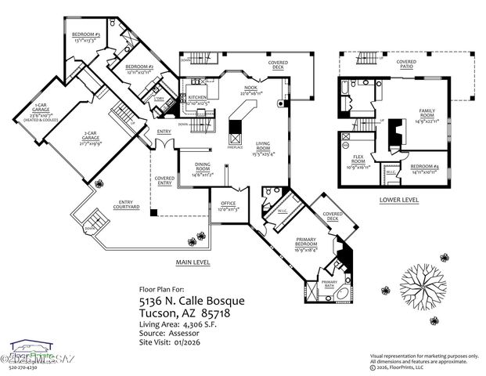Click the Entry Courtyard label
pyautogui.click(x=125, y=206)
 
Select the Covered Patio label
pyautogui.click(x=406, y=63)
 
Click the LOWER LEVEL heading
pyautogui.click(x=398, y=200)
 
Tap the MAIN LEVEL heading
pyautogui.click(x=193, y=262)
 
